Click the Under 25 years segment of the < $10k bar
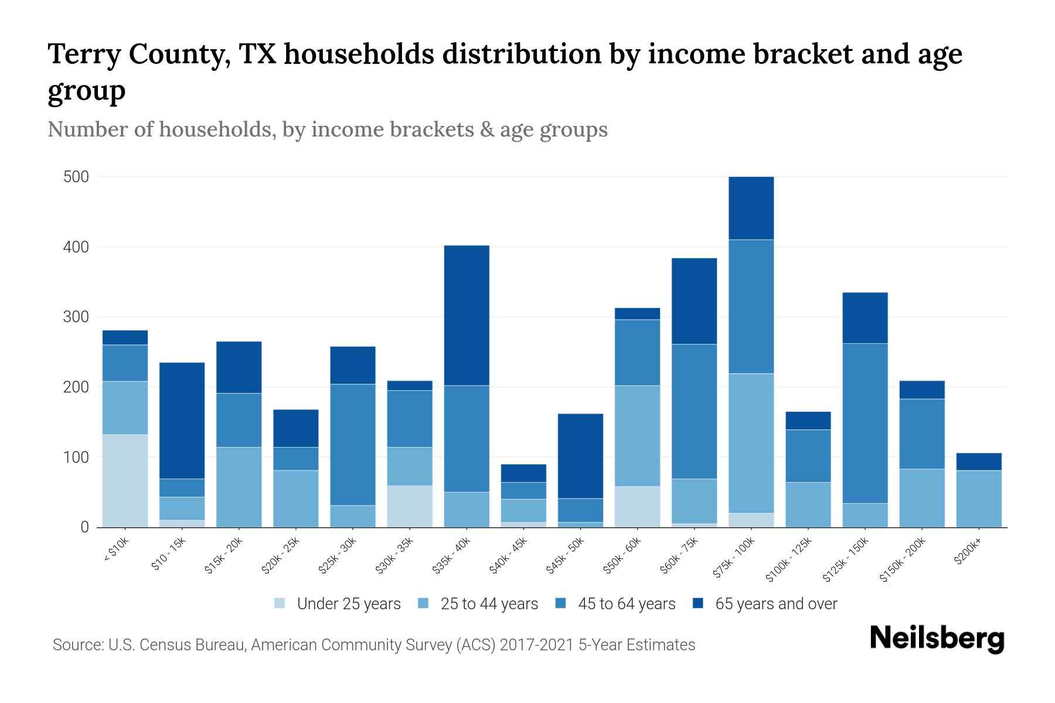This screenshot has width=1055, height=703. (x=125, y=480)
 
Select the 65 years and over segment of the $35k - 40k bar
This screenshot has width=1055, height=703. (x=467, y=315)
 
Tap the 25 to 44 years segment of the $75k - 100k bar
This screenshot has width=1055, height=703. (x=751, y=443)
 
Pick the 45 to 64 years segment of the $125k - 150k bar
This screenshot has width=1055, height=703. (x=865, y=423)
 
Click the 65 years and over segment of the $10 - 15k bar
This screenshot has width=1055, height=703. (x=182, y=421)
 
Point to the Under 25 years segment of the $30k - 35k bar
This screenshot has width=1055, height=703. (x=410, y=506)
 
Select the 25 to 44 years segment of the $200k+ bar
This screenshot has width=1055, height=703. (x=979, y=499)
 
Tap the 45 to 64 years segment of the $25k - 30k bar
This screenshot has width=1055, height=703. (x=353, y=444)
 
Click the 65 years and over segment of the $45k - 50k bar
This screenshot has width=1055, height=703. (x=580, y=456)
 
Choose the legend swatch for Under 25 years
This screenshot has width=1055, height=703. (x=280, y=603)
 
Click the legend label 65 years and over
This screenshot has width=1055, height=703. (x=776, y=604)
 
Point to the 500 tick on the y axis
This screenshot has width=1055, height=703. (x=76, y=177)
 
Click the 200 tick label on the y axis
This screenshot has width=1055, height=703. (x=76, y=387)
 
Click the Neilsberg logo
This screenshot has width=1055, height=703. (x=937, y=639)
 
